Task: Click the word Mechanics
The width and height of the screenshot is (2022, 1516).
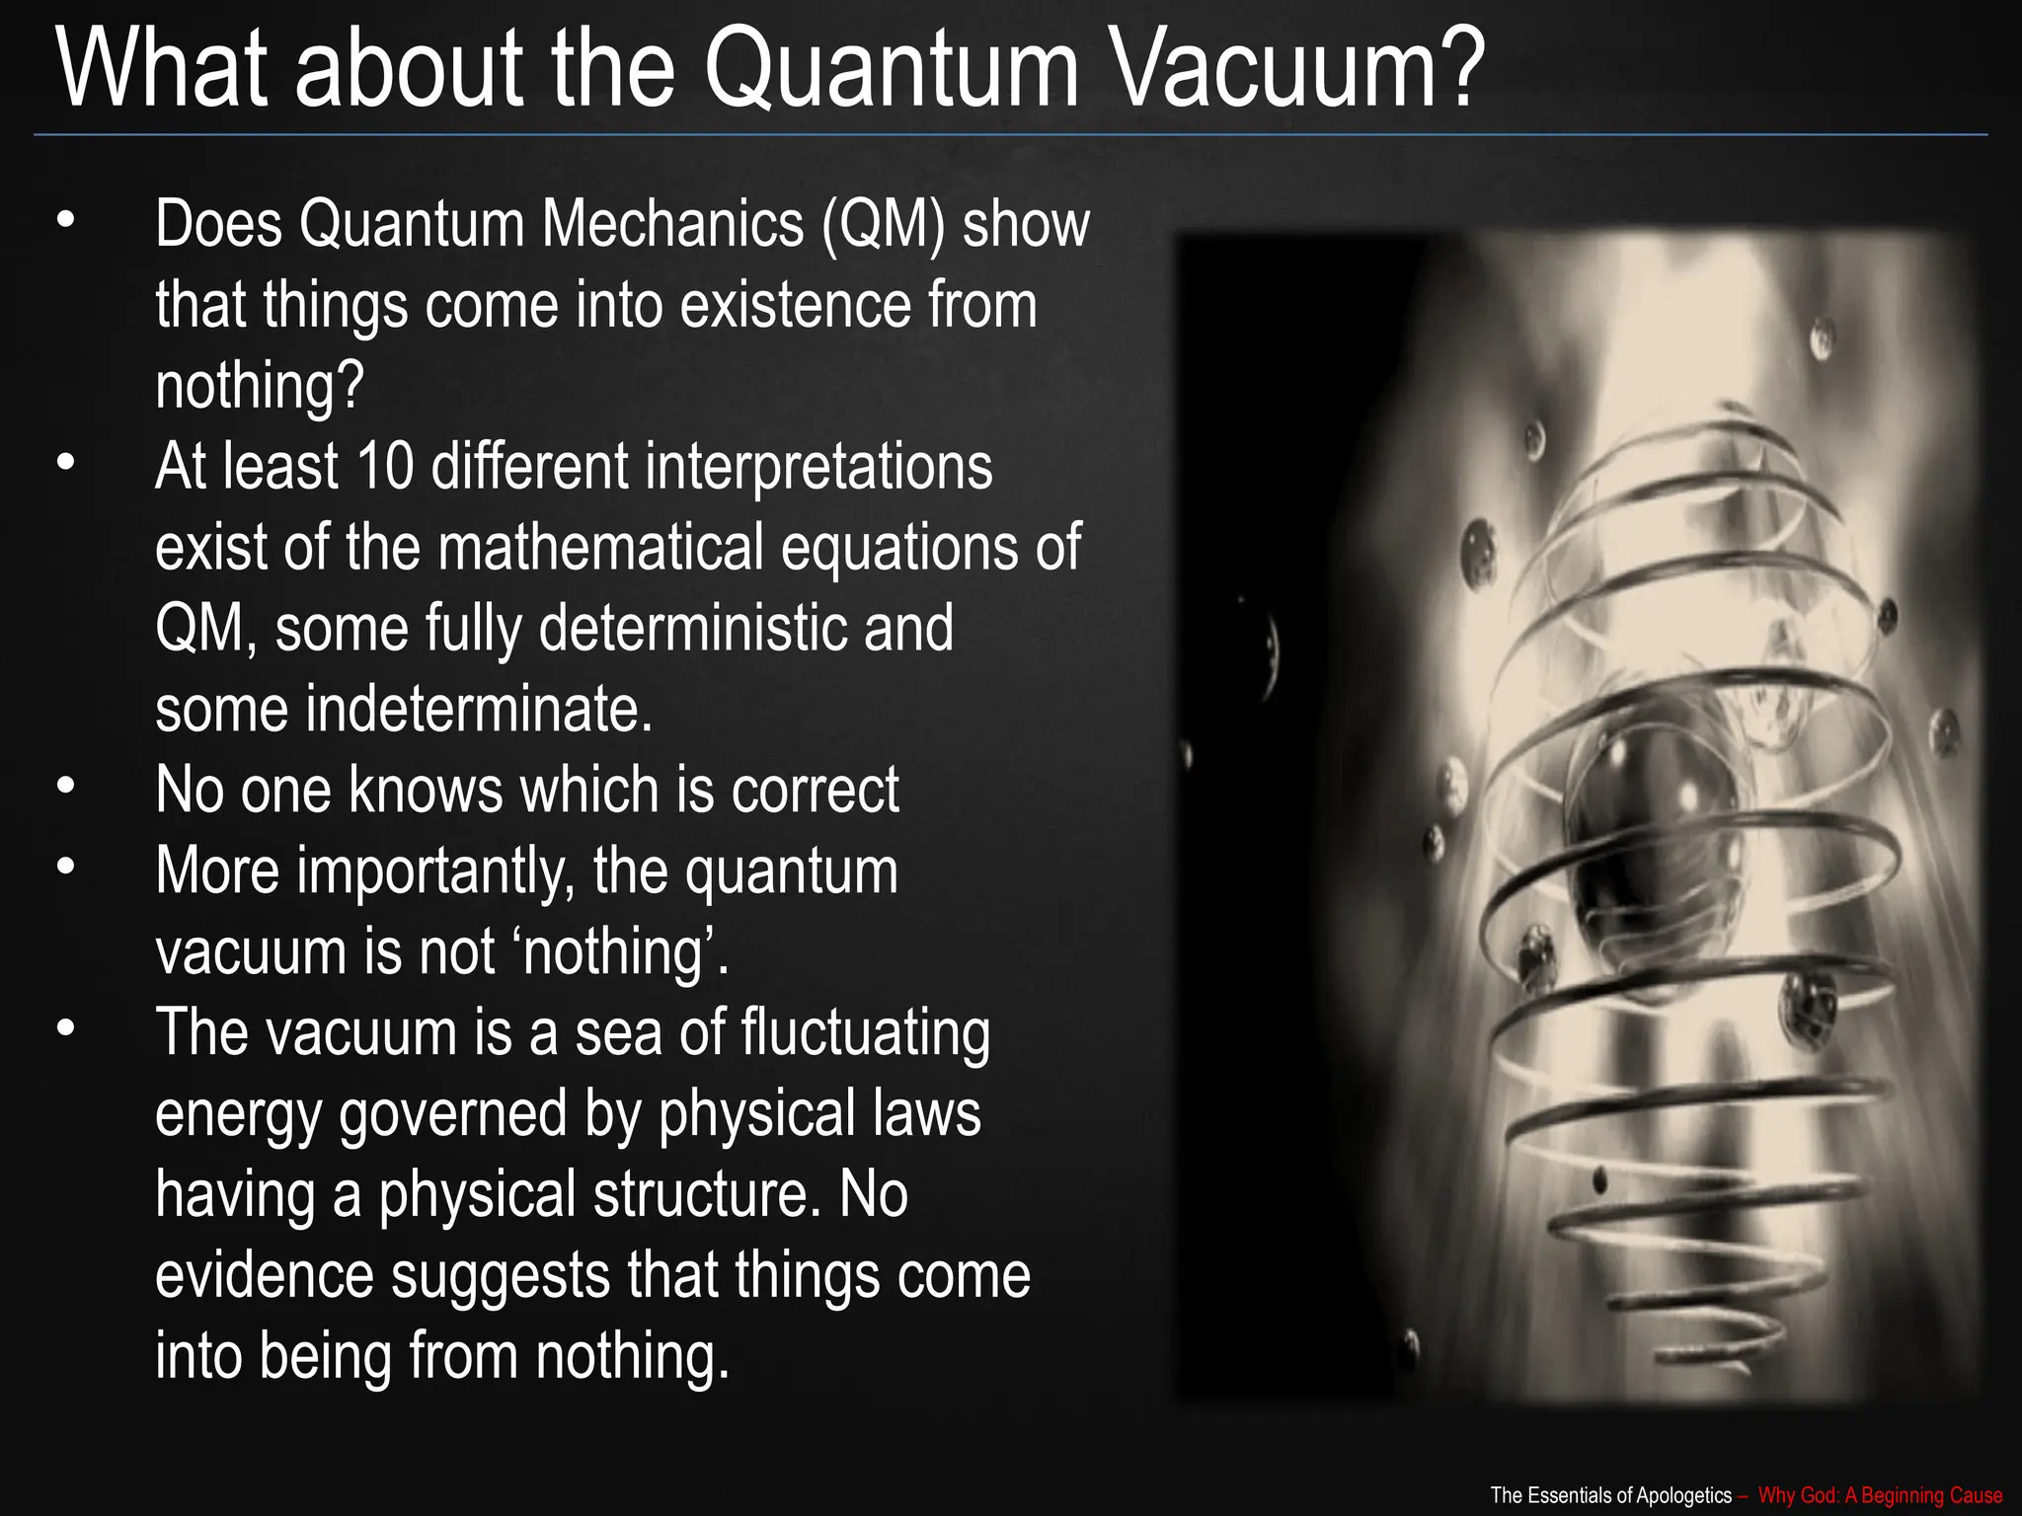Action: click(x=671, y=225)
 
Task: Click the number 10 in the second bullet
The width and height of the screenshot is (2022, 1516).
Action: click(x=384, y=467)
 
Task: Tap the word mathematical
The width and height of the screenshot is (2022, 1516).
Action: click(x=600, y=548)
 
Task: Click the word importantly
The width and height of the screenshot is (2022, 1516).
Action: click(x=435, y=872)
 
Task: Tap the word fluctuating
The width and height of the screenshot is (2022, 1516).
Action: click(x=865, y=1033)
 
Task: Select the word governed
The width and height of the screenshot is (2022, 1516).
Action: click(x=454, y=1115)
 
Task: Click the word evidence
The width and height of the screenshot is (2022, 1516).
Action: click(x=265, y=1276)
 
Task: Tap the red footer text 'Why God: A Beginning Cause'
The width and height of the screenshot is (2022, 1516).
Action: click(x=1880, y=1495)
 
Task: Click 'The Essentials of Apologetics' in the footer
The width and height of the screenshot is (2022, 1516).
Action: click(x=1610, y=1495)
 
